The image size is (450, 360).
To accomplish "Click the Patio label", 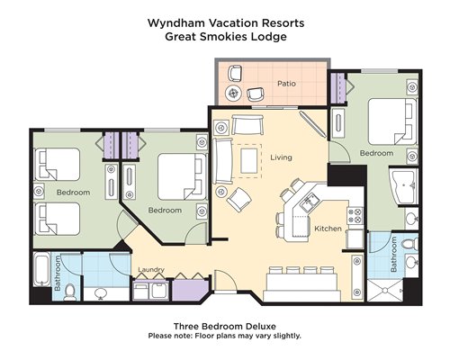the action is pyautogui.click(x=286, y=84).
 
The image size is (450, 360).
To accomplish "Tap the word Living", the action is pyautogui.click(x=281, y=157).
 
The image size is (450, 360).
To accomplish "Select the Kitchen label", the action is pyautogui.click(x=328, y=229).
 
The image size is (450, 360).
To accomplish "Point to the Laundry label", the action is pyautogui.click(x=151, y=269).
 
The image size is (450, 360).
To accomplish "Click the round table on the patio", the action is pyautogui.click(x=233, y=94).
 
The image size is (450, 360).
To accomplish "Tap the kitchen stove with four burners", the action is pyautogui.click(x=355, y=216).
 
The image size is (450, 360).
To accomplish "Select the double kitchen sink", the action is pyautogui.click(x=309, y=203).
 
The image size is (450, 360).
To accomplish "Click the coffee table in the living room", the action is pyautogui.click(x=248, y=161).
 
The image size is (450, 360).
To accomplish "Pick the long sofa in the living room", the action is pyautogui.click(x=222, y=161).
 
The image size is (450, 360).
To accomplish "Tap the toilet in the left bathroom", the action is pyautogui.click(x=70, y=292).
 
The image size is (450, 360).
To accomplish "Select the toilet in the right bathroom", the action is pyautogui.click(x=409, y=243).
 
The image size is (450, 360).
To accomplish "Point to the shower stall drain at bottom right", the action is pyautogui.click(x=384, y=290).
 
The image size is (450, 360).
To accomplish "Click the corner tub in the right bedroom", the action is pyautogui.click(x=403, y=186).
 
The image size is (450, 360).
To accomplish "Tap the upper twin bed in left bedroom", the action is pyautogui.click(x=58, y=164).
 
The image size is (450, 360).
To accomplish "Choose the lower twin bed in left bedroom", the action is pyautogui.click(x=58, y=219).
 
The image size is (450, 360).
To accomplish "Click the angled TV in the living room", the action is pyautogui.click(x=312, y=124).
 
